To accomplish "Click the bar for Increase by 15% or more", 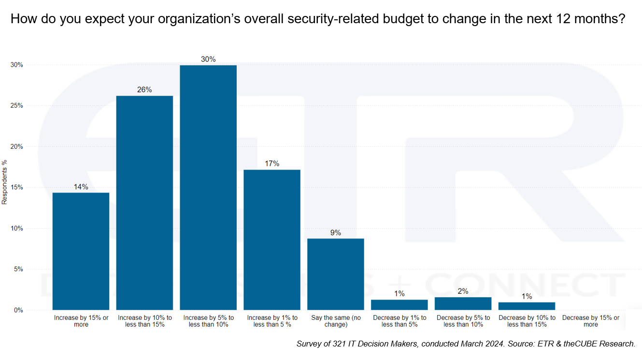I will (x=81, y=251).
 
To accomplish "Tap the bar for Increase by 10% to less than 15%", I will (x=144, y=203).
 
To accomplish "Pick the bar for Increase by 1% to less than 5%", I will (x=272, y=240).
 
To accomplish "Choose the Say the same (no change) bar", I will (x=336, y=274).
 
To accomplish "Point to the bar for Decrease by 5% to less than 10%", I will (x=463, y=303).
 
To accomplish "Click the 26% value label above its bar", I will (x=144, y=89).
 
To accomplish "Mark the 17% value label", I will (x=272, y=163).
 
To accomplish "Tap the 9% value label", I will (x=336, y=232).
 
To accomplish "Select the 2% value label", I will (x=463, y=291).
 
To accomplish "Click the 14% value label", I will (x=81, y=187).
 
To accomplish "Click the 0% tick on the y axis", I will (x=18, y=310).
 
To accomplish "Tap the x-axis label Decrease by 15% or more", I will (x=590, y=321).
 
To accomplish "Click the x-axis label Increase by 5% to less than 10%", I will (x=208, y=321).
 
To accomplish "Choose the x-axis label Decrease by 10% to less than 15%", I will (x=527, y=321).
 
